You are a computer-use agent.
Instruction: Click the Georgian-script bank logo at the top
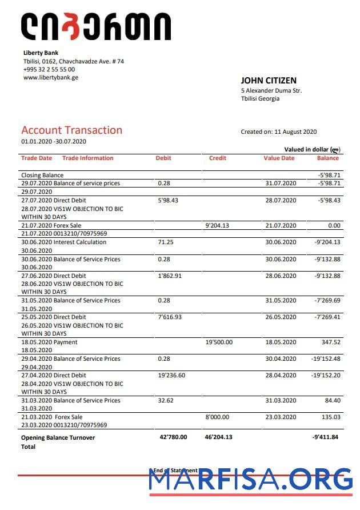pos(95,27)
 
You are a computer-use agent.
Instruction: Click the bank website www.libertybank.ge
pos(51,78)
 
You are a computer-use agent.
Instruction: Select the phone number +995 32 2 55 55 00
pos(49,70)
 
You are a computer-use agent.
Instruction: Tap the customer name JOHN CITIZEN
pos(269,81)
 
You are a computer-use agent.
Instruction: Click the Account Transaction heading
pos(71,130)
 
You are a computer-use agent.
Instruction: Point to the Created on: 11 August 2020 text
pos(278,132)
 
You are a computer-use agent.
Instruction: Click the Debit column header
pos(163,158)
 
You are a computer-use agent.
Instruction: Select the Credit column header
pos(218,158)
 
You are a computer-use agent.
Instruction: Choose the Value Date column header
pos(279,158)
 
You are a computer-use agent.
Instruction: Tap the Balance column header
pos(328,158)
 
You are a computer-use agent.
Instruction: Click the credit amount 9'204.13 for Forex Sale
pos(217,226)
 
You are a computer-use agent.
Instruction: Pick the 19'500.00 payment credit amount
pos(219,342)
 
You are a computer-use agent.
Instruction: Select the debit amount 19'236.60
pos(171,376)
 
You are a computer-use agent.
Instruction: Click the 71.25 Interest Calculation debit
pos(166,242)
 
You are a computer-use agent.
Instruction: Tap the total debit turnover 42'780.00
pos(173,437)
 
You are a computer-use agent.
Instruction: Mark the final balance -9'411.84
pos(326,437)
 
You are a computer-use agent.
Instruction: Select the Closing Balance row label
pos(42,176)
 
